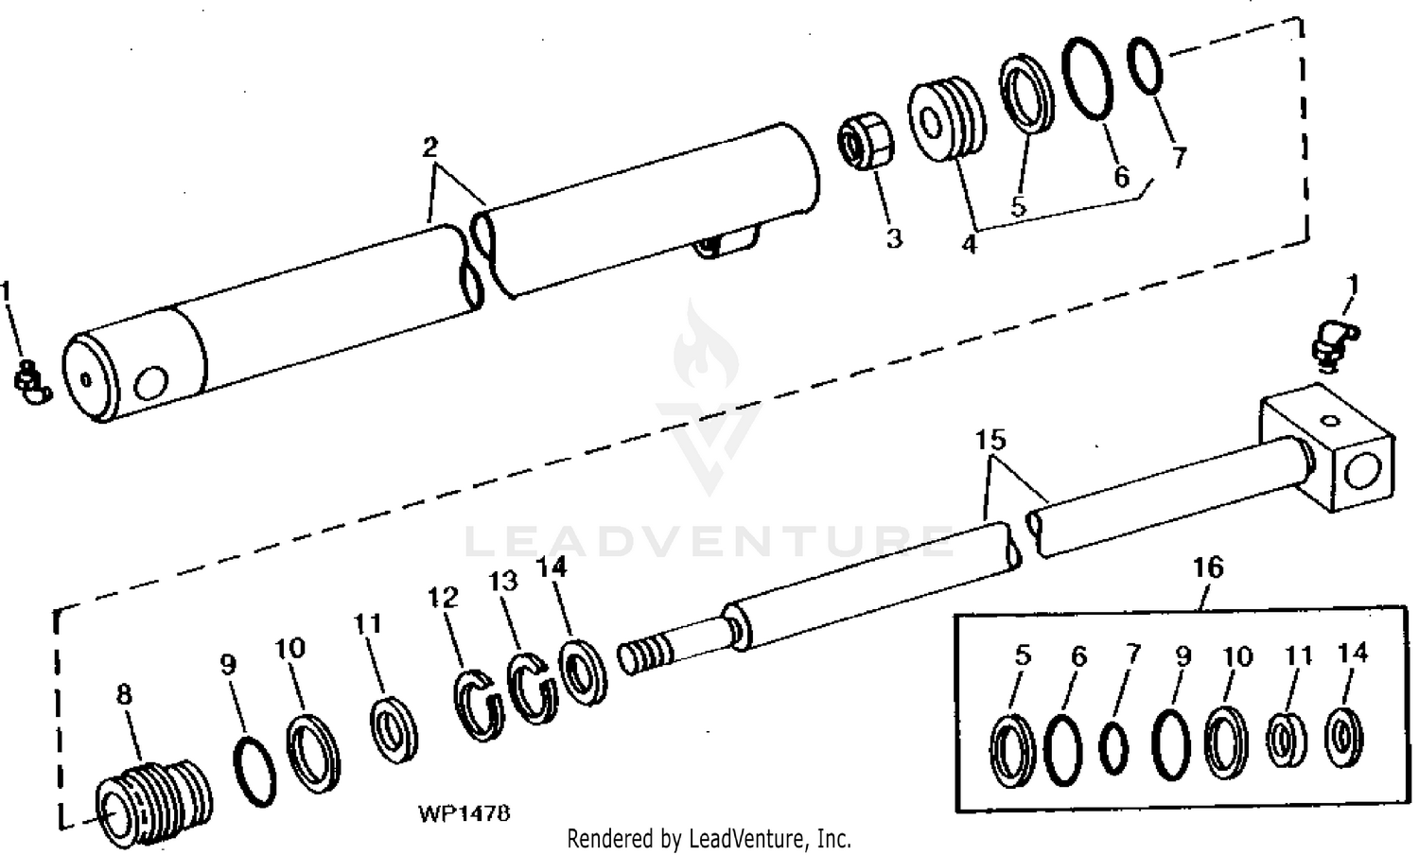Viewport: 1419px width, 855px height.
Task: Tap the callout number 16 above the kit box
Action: click(1208, 567)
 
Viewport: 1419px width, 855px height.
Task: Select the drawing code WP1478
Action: click(464, 813)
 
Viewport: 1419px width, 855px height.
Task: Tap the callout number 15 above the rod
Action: click(990, 441)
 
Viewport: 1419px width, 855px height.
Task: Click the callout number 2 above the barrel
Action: click(429, 148)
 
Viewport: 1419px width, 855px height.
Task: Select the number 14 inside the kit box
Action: click(1353, 654)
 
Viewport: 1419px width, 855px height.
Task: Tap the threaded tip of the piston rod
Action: click(643, 654)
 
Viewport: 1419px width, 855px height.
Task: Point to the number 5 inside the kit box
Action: click(1022, 655)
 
